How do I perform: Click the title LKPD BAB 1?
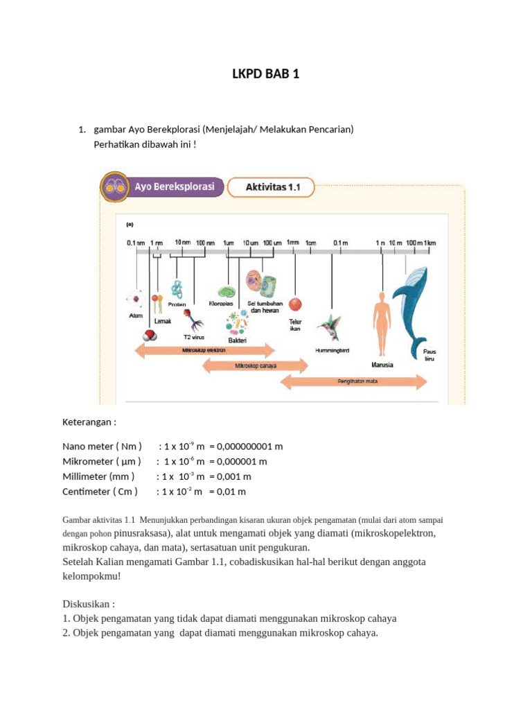[266, 74]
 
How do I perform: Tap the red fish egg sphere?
[296, 304]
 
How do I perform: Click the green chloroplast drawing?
[226, 292]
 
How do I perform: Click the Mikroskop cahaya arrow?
[255, 365]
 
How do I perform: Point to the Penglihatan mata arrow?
[353, 381]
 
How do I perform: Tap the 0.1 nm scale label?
[136, 243]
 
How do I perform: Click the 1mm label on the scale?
[293, 243]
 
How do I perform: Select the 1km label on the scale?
[430, 243]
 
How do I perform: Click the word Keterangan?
[89, 422]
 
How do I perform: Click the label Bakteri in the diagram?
[238, 340]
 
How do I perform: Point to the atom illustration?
[135, 300]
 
